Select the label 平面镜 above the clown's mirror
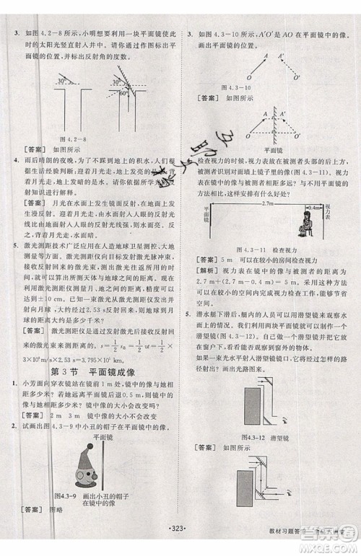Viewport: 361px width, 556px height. (100, 438)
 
